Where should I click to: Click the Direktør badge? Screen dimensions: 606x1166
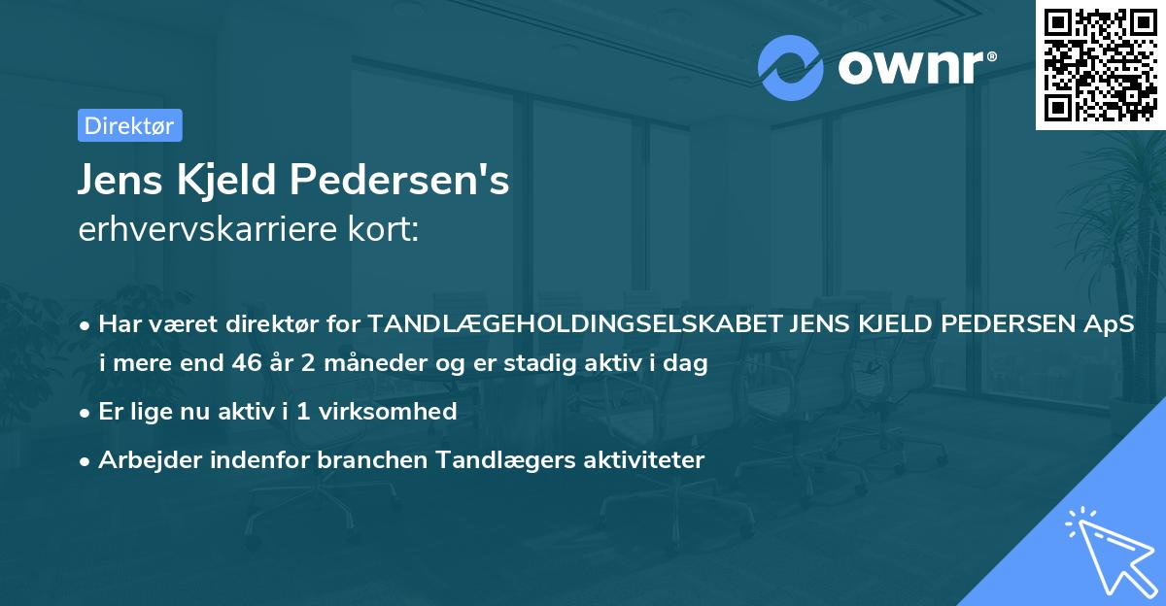click(129, 125)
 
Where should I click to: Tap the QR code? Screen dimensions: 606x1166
click(1100, 64)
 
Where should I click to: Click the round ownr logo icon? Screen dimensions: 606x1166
click(791, 67)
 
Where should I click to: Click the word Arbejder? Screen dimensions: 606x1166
click(140, 459)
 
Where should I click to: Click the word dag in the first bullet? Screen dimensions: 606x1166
click(687, 364)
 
